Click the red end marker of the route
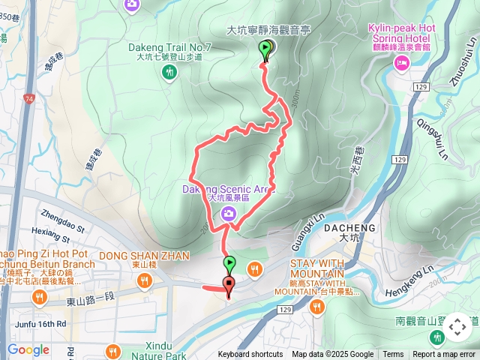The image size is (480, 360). click(228, 283)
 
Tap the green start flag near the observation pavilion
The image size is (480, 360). click(265, 49)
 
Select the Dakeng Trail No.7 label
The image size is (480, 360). click(169, 47)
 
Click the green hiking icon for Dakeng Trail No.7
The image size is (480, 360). click(169, 71)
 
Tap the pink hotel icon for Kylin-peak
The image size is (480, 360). click(402, 64)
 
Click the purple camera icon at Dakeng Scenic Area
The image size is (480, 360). click(227, 215)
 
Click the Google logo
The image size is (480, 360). click(28, 349)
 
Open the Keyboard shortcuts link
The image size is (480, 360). click(250, 355)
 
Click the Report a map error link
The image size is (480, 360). click(444, 355)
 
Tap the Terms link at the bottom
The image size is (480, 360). click(393, 355)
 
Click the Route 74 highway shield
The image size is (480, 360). click(29, 98)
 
